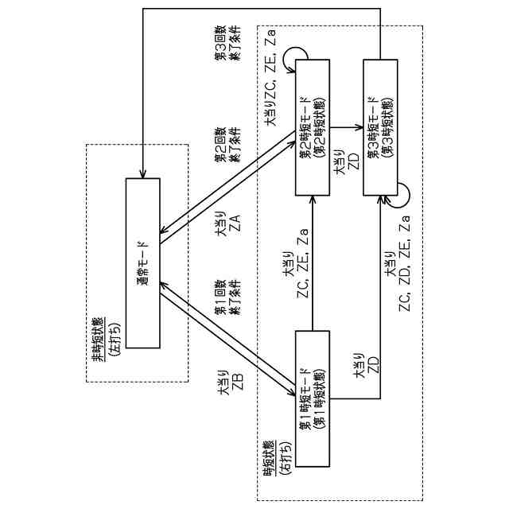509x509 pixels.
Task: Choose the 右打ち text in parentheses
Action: (x=282, y=457)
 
